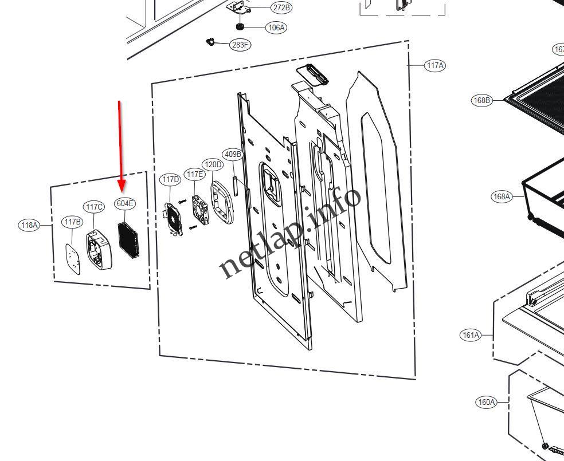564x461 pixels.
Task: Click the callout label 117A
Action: [x=435, y=65]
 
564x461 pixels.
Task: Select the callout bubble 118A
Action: [x=29, y=225]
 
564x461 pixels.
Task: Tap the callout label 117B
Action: [x=72, y=222]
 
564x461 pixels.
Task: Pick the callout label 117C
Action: [x=94, y=207]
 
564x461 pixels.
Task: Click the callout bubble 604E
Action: [x=125, y=203]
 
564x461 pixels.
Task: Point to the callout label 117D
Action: [x=170, y=180]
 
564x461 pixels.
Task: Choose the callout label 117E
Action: [x=194, y=174]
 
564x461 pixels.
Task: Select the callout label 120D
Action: [x=213, y=164]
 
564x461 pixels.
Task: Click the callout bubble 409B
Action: [x=233, y=154]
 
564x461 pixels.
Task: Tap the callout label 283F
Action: [x=240, y=45]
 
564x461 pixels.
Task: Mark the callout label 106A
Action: [x=276, y=27]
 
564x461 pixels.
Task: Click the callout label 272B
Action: [x=281, y=7]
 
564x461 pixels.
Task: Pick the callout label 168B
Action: [x=482, y=100]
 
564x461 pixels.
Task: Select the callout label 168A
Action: [x=501, y=196]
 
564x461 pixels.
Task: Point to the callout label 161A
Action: [x=471, y=335]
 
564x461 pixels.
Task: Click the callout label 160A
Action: [x=485, y=402]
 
